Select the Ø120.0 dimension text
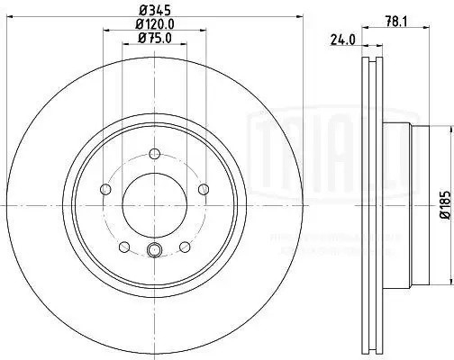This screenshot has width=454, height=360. (154, 23)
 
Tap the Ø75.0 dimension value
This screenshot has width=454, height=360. (154, 38)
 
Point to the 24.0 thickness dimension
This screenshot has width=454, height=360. (340, 40)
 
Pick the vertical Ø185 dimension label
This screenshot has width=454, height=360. (443, 204)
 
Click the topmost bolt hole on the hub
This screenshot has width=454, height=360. (154, 152)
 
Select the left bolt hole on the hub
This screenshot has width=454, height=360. (104, 189)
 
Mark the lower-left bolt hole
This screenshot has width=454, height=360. (123, 246)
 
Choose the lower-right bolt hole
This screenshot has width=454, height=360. (185, 246)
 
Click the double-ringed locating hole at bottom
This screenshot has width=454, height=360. (154, 251)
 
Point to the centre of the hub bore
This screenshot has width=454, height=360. (154, 204)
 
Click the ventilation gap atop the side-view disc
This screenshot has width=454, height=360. (371, 72)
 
